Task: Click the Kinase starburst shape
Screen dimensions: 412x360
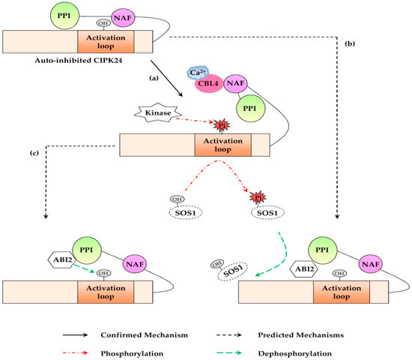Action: pyautogui.click(x=158, y=112)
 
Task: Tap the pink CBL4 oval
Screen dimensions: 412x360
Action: pyautogui.click(x=208, y=84)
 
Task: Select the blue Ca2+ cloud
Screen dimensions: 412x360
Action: pyautogui.click(x=198, y=72)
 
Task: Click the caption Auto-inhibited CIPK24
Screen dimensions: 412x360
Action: pyautogui.click(x=79, y=61)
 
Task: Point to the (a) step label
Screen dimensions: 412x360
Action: pyautogui.click(x=154, y=78)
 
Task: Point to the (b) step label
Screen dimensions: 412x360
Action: pyautogui.click(x=350, y=43)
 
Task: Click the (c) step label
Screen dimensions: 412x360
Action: pyautogui.click(x=34, y=153)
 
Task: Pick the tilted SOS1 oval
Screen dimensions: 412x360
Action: pyautogui.click(x=232, y=271)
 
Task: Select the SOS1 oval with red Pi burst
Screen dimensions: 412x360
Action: pyautogui.click(x=267, y=213)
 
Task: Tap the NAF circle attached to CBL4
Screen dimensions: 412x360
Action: pyautogui.click(x=235, y=83)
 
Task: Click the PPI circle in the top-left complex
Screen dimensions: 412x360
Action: pyautogui.click(x=64, y=16)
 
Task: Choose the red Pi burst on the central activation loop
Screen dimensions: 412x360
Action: pyautogui.click(x=222, y=125)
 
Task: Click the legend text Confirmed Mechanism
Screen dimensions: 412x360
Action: pyautogui.click(x=145, y=335)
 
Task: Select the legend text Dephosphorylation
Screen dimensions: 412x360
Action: pyautogui.click(x=295, y=353)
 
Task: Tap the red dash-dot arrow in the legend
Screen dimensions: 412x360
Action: pyautogui.click(x=75, y=353)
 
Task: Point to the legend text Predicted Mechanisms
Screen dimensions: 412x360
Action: pyautogui.click(x=301, y=335)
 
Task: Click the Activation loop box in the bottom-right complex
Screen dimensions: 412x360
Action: pyautogui.click(x=342, y=292)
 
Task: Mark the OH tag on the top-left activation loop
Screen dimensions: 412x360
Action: pyautogui.click(x=103, y=23)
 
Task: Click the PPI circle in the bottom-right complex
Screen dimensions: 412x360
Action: pyautogui.click(x=322, y=250)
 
